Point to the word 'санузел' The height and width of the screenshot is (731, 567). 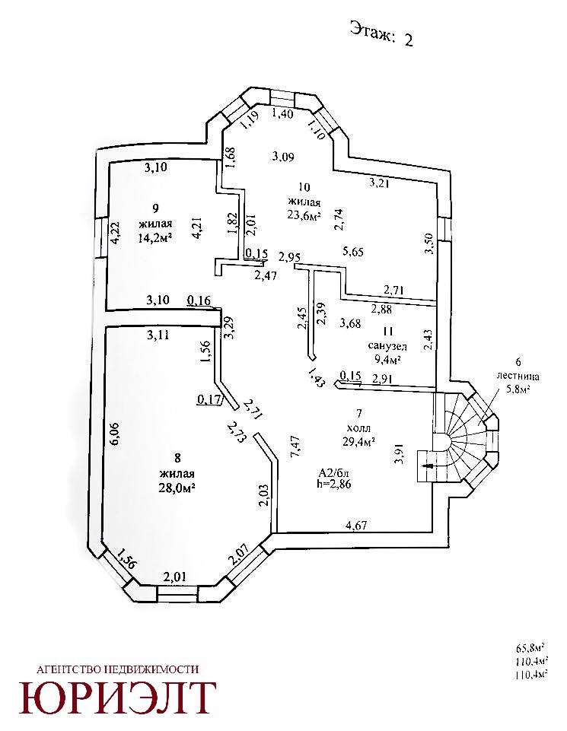[x=387, y=345]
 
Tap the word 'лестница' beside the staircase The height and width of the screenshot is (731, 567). [x=518, y=376]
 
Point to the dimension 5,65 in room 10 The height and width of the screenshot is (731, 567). [x=355, y=251]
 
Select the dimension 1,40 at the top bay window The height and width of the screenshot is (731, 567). [x=282, y=114]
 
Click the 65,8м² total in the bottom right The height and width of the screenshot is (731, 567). [x=530, y=649]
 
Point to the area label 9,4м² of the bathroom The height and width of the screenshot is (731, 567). [x=387, y=360]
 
